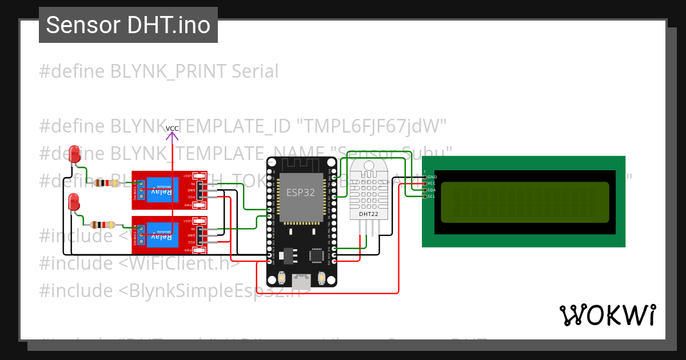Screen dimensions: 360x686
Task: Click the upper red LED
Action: pyautogui.click(x=74, y=153)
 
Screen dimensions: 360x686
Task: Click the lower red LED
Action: pyautogui.click(x=73, y=201)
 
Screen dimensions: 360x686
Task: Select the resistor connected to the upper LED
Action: pyautogui.click(x=106, y=183)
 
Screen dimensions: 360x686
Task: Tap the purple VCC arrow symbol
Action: pyautogui.click(x=172, y=135)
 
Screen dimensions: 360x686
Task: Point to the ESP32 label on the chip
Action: pyautogui.click(x=301, y=193)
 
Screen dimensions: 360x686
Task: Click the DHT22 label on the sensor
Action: pyautogui.click(x=368, y=214)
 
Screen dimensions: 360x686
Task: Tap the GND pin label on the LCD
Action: pyautogui.click(x=432, y=177)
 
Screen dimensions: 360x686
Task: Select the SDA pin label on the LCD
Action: pyautogui.click(x=432, y=190)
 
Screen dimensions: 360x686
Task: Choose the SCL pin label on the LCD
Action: pyautogui.click(x=432, y=196)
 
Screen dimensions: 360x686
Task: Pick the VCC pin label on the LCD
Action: pyautogui.click(x=432, y=183)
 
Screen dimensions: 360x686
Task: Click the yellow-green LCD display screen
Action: pyautogui.click(x=525, y=202)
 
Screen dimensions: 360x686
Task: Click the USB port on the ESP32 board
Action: pyautogui.click(x=301, y=281)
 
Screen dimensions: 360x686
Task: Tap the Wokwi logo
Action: pyautogui.click(x=608, y=315)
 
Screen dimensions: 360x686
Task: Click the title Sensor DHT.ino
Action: pyautogui.click(x=128, y=25)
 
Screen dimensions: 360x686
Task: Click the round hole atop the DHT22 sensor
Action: pyautogui.click(x=368, y=166)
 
